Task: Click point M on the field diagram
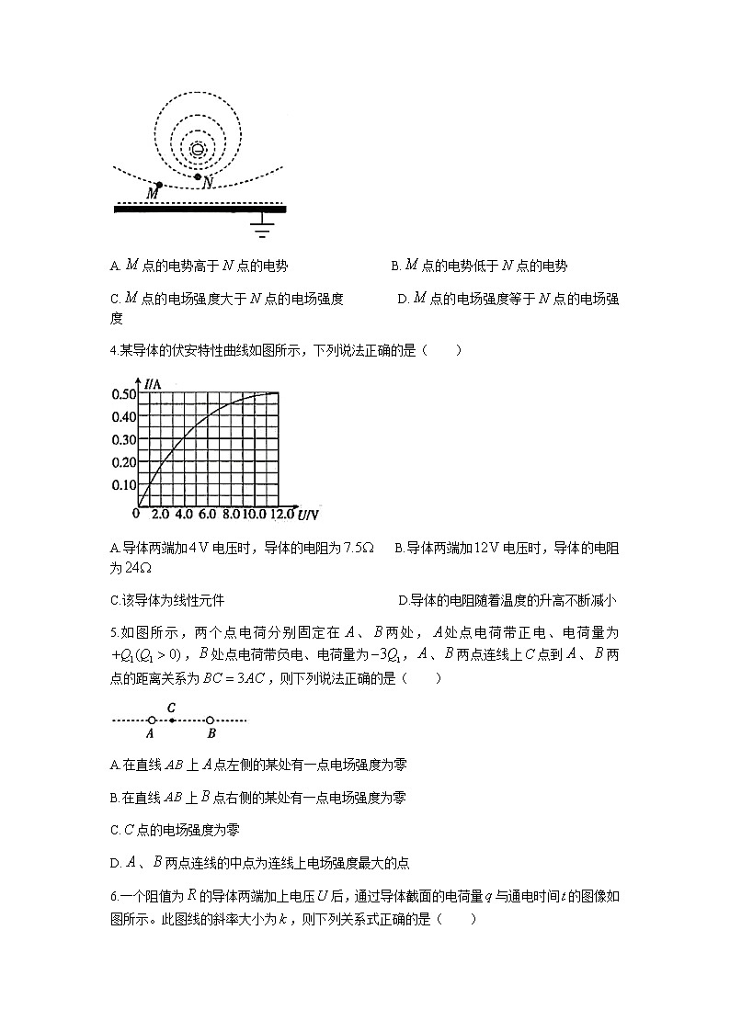[x=159, y=185]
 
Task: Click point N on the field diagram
[x=198, y=176]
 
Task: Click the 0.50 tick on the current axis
[x=123, y=394]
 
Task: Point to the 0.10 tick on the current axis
[x=123, y=484]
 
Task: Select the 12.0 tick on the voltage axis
[x=280, y=515]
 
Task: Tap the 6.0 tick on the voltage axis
[x=207, y=515]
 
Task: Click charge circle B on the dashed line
[x=211, y=720]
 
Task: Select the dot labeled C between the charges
[x=172, y=720]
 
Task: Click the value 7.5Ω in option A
[x=358, y=548]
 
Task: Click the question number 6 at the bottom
[x=111, y=897]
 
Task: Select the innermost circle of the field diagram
[x=198, y=149]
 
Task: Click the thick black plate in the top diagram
[x=199, y=210]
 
